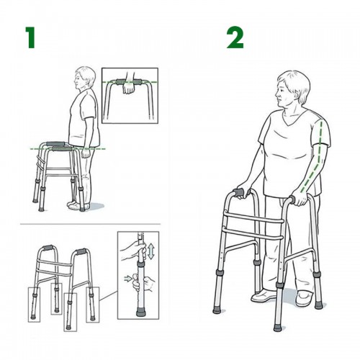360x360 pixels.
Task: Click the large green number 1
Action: (x=31, y=37)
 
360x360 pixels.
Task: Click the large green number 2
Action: (x=235, y=37)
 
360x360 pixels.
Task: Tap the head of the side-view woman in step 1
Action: (x=85, y=78)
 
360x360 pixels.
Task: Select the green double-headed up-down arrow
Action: (x=151, y=251)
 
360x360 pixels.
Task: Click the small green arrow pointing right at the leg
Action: (x=128, y=279)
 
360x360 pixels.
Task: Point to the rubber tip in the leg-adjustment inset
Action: (x=140, y=312)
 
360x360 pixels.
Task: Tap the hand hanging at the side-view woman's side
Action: (x=86, y=153)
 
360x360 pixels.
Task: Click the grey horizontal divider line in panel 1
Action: (x=90, y=224)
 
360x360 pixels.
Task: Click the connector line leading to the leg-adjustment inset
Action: (x=108, y=295)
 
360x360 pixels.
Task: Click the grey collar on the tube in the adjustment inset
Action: (x=140, y=264)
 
